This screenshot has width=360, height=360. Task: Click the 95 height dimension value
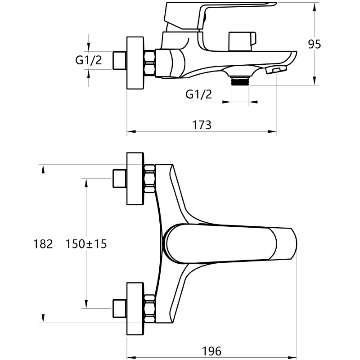[x=314, y=44]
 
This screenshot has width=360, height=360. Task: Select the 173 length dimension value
[x=201, y=125]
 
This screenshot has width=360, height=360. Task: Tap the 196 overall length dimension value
[x=211, y=351]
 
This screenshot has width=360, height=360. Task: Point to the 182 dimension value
[x=43, y=244]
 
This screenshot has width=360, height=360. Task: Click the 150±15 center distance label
[x=86, y=244]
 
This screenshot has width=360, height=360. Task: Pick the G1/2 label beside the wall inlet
[x=88, y=60]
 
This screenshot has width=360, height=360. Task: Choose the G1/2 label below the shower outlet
[x=198, y=94]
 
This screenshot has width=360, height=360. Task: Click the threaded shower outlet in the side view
[x=240, y=81]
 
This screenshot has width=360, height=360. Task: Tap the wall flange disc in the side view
[x=135, y=63]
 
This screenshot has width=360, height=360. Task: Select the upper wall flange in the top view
[x=135, y=179]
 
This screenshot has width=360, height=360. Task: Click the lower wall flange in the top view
[x=135, y=309]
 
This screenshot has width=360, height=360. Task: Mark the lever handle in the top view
[x=229, y=244]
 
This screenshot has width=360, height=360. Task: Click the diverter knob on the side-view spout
[x=242, y=41]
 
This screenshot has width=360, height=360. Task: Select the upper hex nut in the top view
[x=149, y=179]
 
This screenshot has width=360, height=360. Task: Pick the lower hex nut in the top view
[x=149, y=309]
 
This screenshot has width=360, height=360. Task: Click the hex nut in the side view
[x=149, y=63]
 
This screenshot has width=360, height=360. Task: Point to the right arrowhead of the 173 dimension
[x=273, y=131]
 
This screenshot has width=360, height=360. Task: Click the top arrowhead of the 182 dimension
[x=43, y=169]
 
